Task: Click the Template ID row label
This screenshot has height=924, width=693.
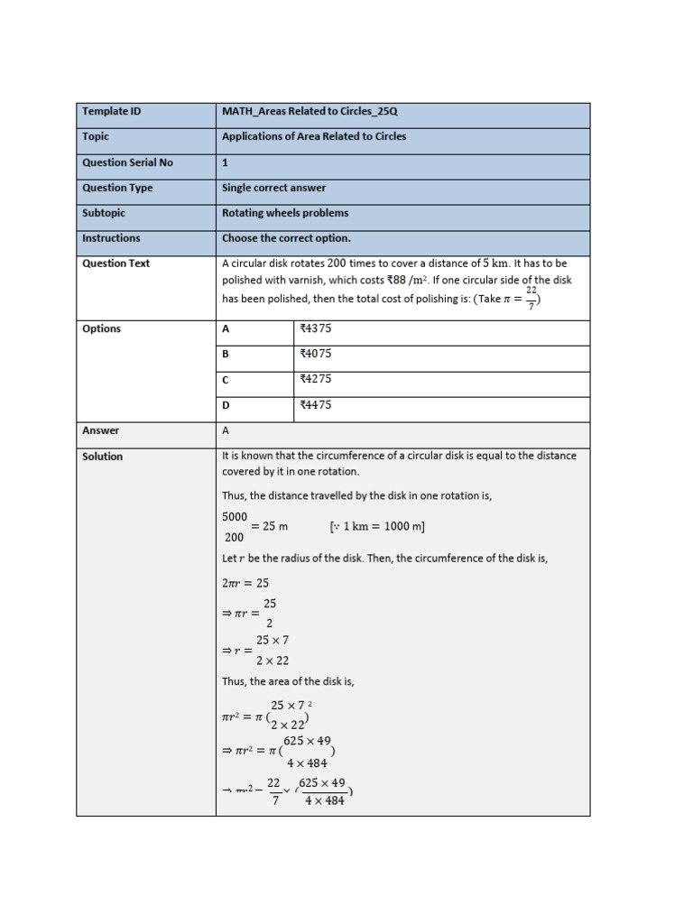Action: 112,112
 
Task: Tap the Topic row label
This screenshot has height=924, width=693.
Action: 96,137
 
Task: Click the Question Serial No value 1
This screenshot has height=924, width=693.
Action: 226,162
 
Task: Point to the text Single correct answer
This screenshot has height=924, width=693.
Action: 274,188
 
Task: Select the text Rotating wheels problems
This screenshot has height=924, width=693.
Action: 285,213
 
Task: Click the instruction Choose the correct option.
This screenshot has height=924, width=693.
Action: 286,238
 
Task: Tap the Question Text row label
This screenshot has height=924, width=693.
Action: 116,263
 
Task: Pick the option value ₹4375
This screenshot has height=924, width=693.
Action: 316,328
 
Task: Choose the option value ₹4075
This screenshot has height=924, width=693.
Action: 316,354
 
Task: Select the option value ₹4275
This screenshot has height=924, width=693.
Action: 316,379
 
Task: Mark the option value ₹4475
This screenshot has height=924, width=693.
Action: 316,405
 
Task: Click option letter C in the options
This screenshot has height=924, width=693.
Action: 226,380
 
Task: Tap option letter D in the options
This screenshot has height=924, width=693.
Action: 226,405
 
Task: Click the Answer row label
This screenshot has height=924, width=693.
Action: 101,430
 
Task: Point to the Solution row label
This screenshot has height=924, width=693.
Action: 103,457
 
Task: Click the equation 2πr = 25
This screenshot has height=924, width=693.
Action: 245,583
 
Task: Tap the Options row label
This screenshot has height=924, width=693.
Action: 102,328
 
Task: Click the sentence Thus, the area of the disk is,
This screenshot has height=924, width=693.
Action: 288,681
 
